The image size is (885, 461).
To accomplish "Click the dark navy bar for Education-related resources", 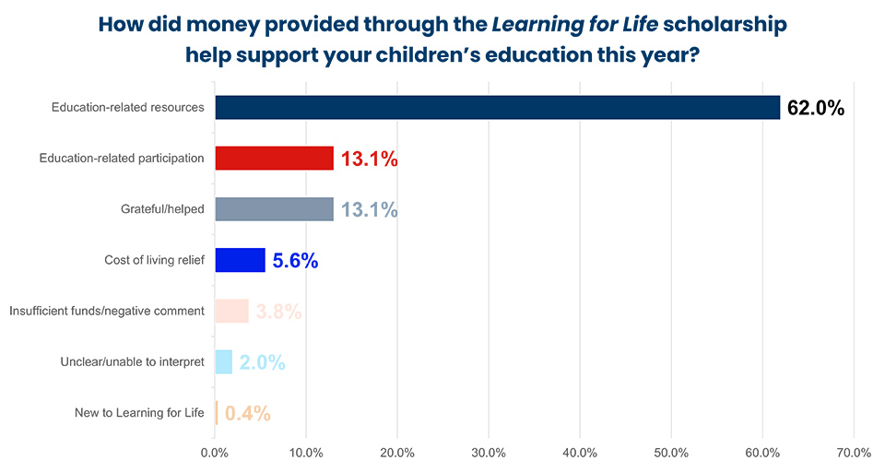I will click(498, 107).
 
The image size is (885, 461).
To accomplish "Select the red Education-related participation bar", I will click(274, 159).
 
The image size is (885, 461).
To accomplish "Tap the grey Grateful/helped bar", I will click(274, 209).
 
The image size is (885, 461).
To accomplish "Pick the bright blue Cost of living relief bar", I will click(240, 260).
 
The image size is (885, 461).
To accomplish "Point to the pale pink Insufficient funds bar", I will click(231, 311).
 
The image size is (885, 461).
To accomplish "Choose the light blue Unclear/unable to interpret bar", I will click(223, 361).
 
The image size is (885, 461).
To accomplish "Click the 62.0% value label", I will click(816, 108).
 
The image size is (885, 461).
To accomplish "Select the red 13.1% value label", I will click(370, 160).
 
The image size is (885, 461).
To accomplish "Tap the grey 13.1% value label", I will click(370, 210).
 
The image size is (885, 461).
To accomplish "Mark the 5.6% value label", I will click(295, 261).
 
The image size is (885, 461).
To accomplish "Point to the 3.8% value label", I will click(278, 312).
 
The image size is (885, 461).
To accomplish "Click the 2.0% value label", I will click(262, 362).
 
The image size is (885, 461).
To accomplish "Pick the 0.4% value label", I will click(247, 413).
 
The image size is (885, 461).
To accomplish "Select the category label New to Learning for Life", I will click(139, 412).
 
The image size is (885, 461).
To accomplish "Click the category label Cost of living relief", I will click(154, 260).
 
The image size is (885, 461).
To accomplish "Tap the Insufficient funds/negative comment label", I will click(107, 311).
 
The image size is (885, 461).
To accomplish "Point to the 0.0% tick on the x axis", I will click(215, 453).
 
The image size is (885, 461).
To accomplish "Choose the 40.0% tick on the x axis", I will click(580, 453).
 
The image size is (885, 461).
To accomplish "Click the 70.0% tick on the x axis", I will click(854, 453).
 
